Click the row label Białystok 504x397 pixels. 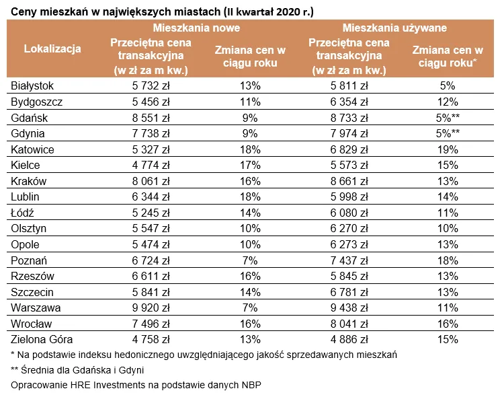coord(32,86)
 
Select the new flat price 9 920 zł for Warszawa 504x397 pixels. coord(151,308)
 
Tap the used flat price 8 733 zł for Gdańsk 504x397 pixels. coord(349,118)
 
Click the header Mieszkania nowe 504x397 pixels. coord(196,29)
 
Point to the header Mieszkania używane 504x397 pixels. coord(394,29)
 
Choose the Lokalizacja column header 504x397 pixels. coord(52,48)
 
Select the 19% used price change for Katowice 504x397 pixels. coord(446,149)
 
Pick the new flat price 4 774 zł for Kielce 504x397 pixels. coord(151,165)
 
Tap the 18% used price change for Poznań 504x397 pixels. coord(446,260)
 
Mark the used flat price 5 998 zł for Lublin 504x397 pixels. coord(349,196)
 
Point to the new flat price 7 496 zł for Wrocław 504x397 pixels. coord(151,324)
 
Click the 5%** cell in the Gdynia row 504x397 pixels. coord(446,133)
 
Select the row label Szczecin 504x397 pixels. coord(32,292)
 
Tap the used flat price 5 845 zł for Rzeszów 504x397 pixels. coord(349,276)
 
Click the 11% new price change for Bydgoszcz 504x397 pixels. coord(250,102)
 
